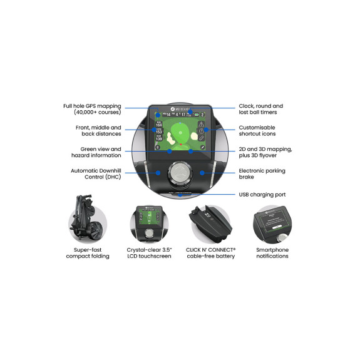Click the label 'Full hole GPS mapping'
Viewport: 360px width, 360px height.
pyautogui.click(x=93, y=109)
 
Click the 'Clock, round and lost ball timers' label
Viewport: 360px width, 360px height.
pyautogui.click(x=261, y=109)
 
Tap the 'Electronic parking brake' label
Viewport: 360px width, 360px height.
pyautogui.click(x=262, y=173)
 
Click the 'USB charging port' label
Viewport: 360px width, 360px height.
pyautogui.click(x=262, y=194)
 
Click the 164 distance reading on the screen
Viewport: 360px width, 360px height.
pyautogui.click(x=158, y=125)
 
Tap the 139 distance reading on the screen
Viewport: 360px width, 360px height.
pyautogui.click(x=158, y=138)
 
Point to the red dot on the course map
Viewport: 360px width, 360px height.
pyautogui.click(x=182, y=145)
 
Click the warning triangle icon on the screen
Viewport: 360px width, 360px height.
pyautogui.click(x=202, y=124)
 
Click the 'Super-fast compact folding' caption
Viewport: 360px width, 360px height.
pyautogui.click(x=88, y=252)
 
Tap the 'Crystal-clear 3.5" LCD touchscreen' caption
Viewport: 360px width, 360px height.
pyautogui.click(x=149, y=252)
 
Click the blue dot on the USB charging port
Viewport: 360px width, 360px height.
pyautogui.click(x=180, y=194)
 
